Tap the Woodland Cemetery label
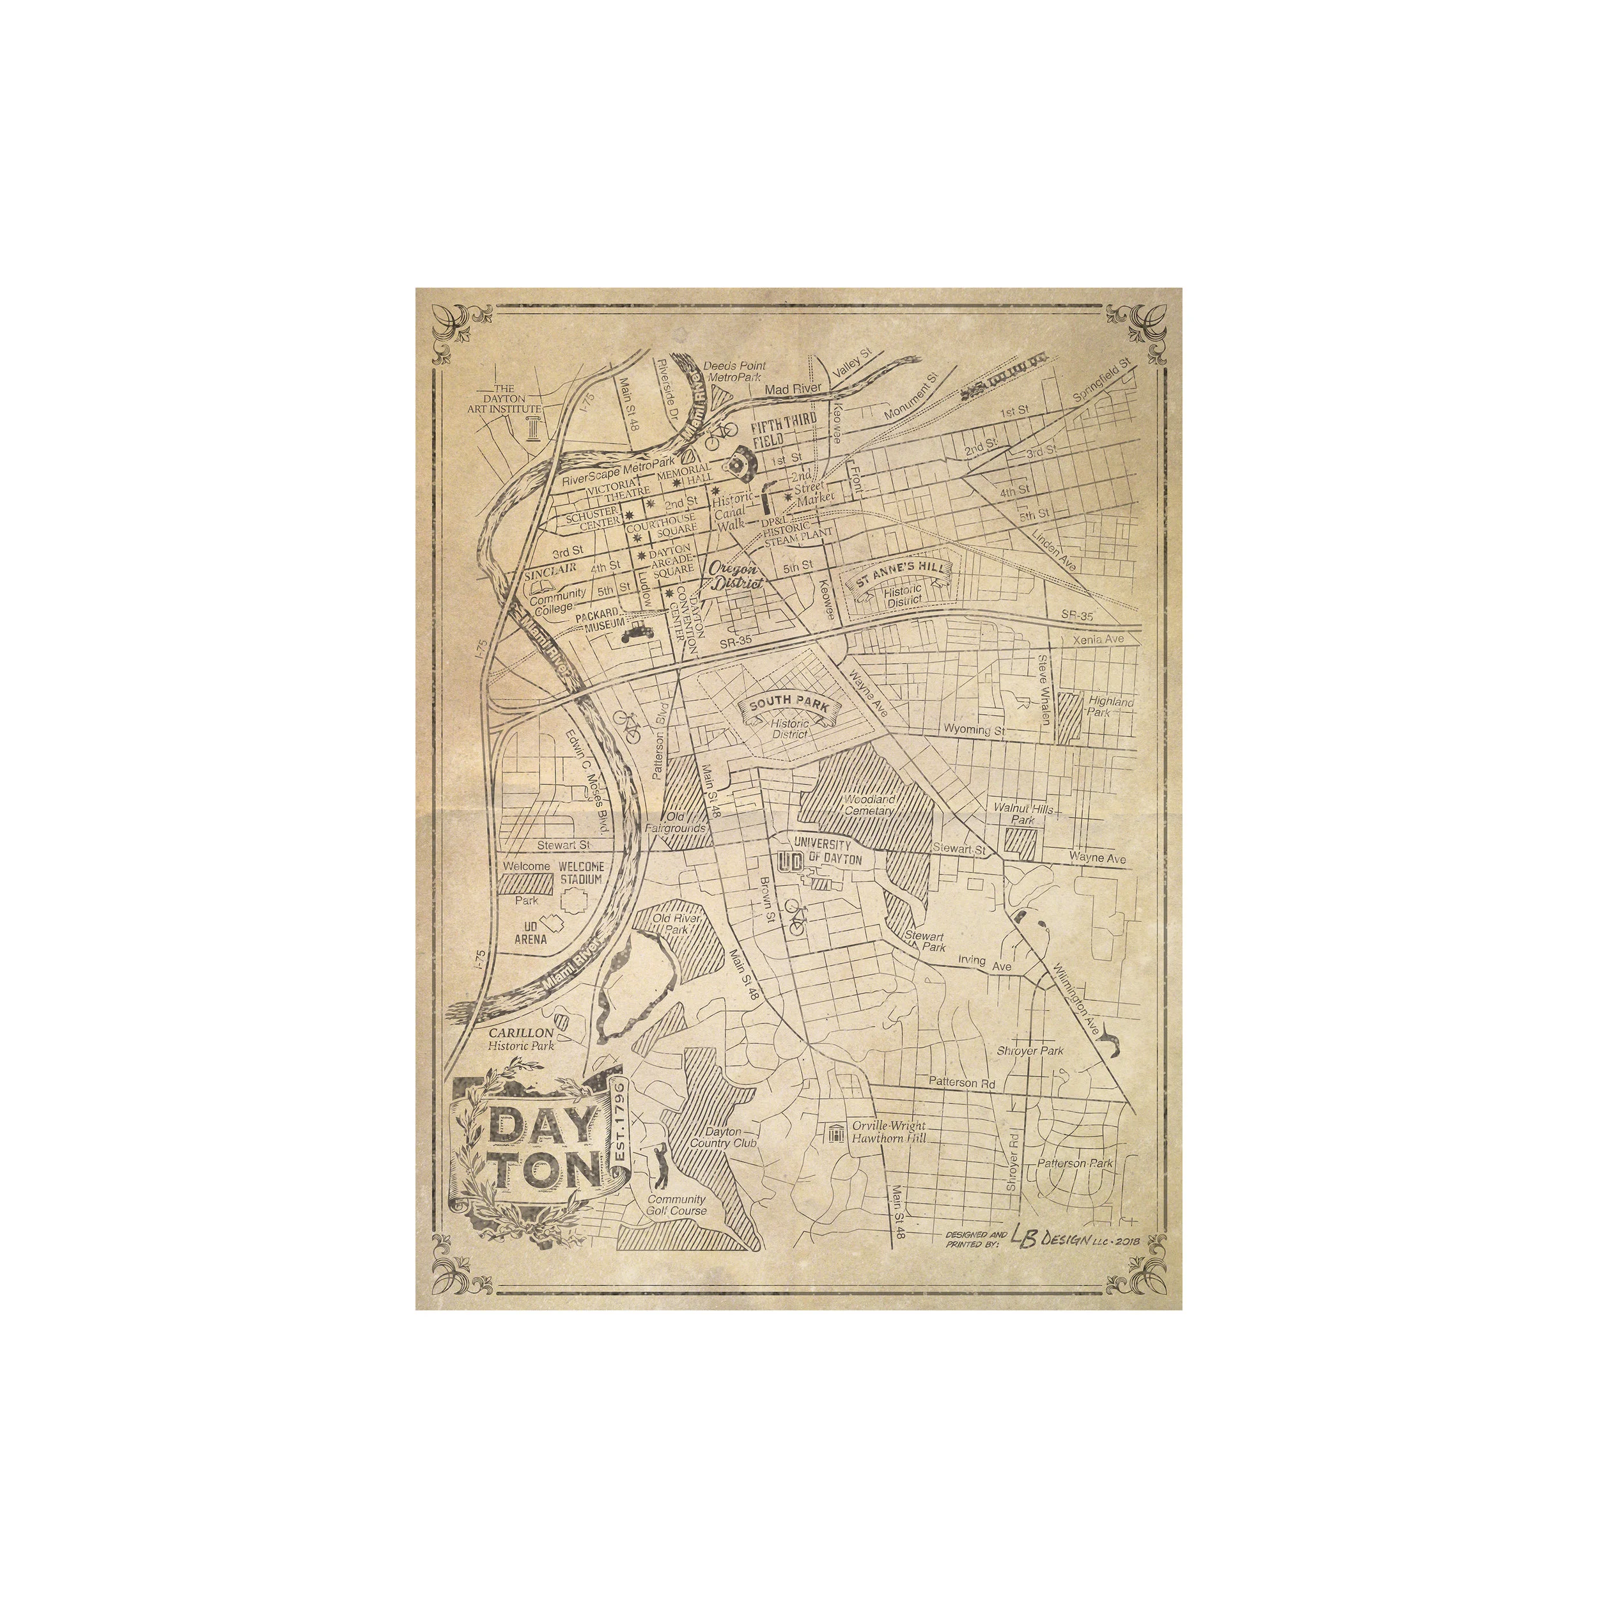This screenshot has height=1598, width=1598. pyautogui.click(x=869, y=805)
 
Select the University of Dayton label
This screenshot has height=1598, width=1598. pyautogui.click(x=827, y=852)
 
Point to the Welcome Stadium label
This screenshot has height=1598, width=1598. pyautogui.click(x=582, y=873)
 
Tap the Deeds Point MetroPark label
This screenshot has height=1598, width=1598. pyautogui.click(x=734, y=371)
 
